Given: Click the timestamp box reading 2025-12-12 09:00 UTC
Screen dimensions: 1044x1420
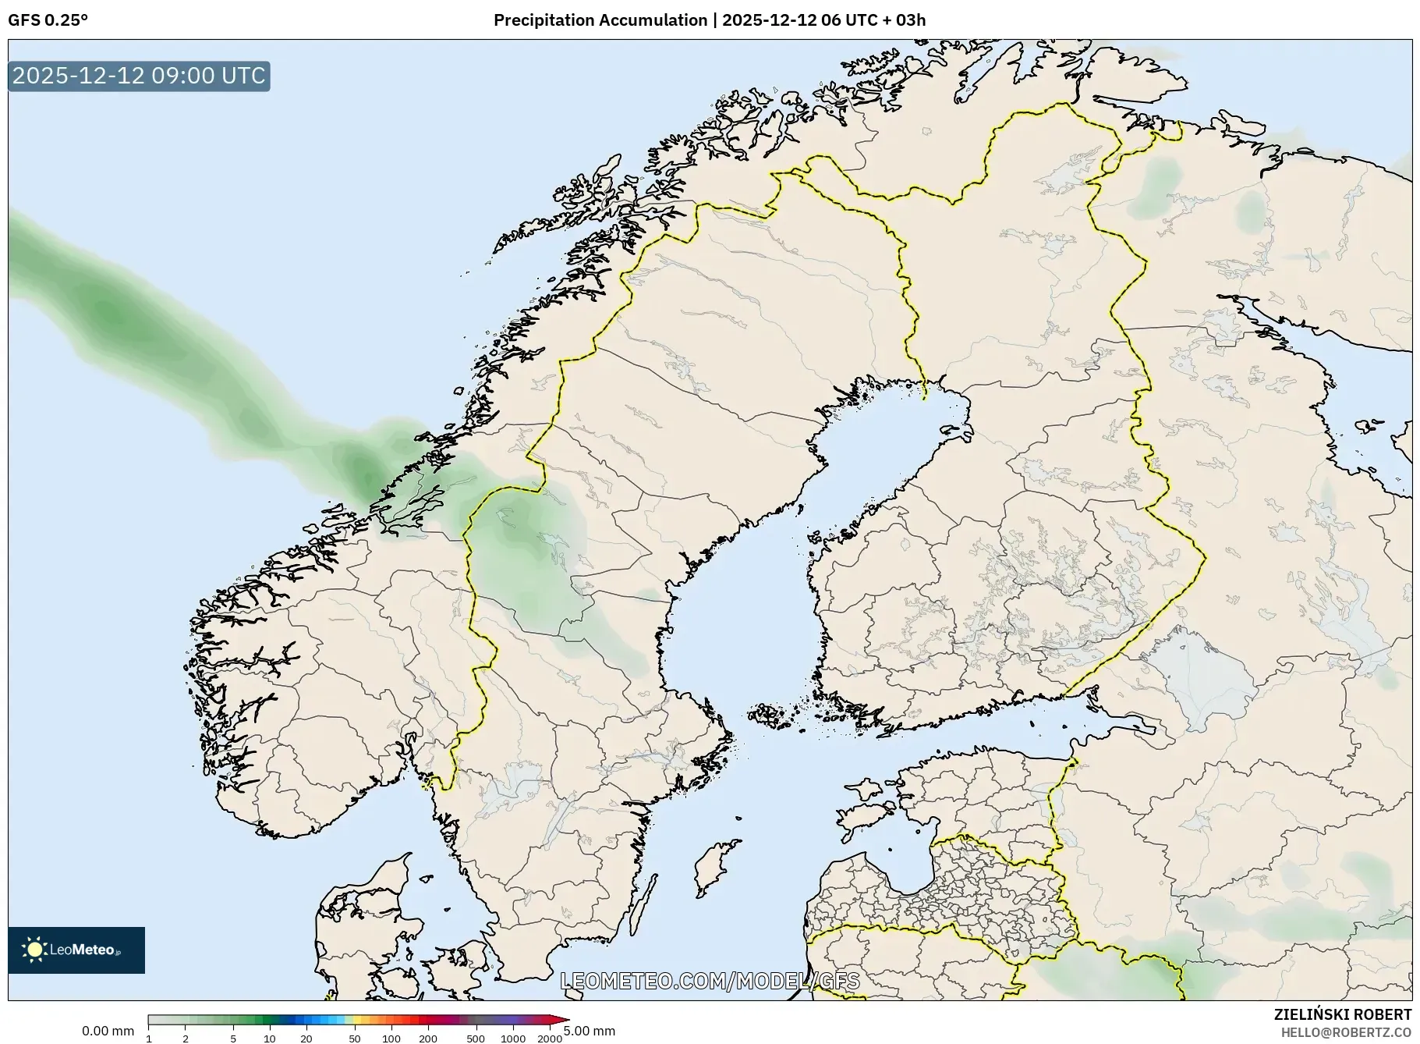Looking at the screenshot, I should [x=139, y=76].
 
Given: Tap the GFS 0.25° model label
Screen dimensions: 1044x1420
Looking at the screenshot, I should [x=48, y=20].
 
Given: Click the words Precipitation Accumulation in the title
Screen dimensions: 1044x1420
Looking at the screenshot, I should [x=600, y=20].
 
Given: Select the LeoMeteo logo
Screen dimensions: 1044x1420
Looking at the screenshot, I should [x=76, y=950].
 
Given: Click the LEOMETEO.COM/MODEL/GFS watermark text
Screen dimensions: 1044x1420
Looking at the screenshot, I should [x=710, y=981].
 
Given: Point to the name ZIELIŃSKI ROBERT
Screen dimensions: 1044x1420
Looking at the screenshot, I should [x=1342, y=1014].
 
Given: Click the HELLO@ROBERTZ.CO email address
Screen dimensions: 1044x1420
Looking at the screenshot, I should [x=1346, y=1032].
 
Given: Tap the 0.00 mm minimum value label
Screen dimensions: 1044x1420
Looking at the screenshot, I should [x=108, y=1031].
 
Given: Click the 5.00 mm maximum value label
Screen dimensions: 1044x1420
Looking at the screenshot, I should [x=590, y=1031].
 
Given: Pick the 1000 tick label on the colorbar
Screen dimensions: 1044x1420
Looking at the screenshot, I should [x=513, y=1039].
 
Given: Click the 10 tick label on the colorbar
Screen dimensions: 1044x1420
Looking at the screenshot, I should [x=270, y=1039].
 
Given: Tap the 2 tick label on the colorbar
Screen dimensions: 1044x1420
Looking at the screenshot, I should [x=186, y=1039].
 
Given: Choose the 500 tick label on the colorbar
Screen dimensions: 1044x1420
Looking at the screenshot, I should [x=476, y=1039].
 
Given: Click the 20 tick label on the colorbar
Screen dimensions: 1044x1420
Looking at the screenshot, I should [x=306, y=1039].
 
